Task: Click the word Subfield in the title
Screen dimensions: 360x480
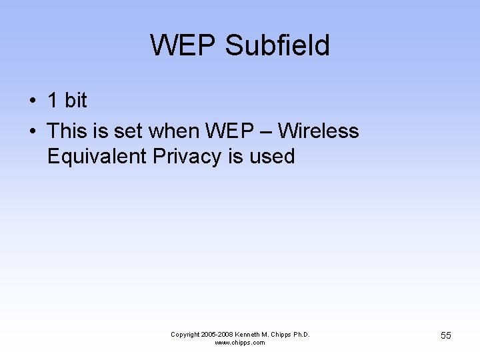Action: (277, 46)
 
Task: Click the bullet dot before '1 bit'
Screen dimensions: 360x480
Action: (32, 101)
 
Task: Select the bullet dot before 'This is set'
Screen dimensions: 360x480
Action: (32, 131)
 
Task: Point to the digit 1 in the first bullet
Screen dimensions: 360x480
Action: (53, 101)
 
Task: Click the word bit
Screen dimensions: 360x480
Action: (76, 101)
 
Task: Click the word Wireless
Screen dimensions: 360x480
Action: (318, 131)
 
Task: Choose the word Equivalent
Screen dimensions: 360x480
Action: (97, 157)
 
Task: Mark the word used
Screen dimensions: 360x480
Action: (272, 157)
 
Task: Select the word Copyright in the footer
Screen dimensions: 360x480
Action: (186, 335)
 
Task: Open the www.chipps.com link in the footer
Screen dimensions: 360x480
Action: (240, 343)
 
